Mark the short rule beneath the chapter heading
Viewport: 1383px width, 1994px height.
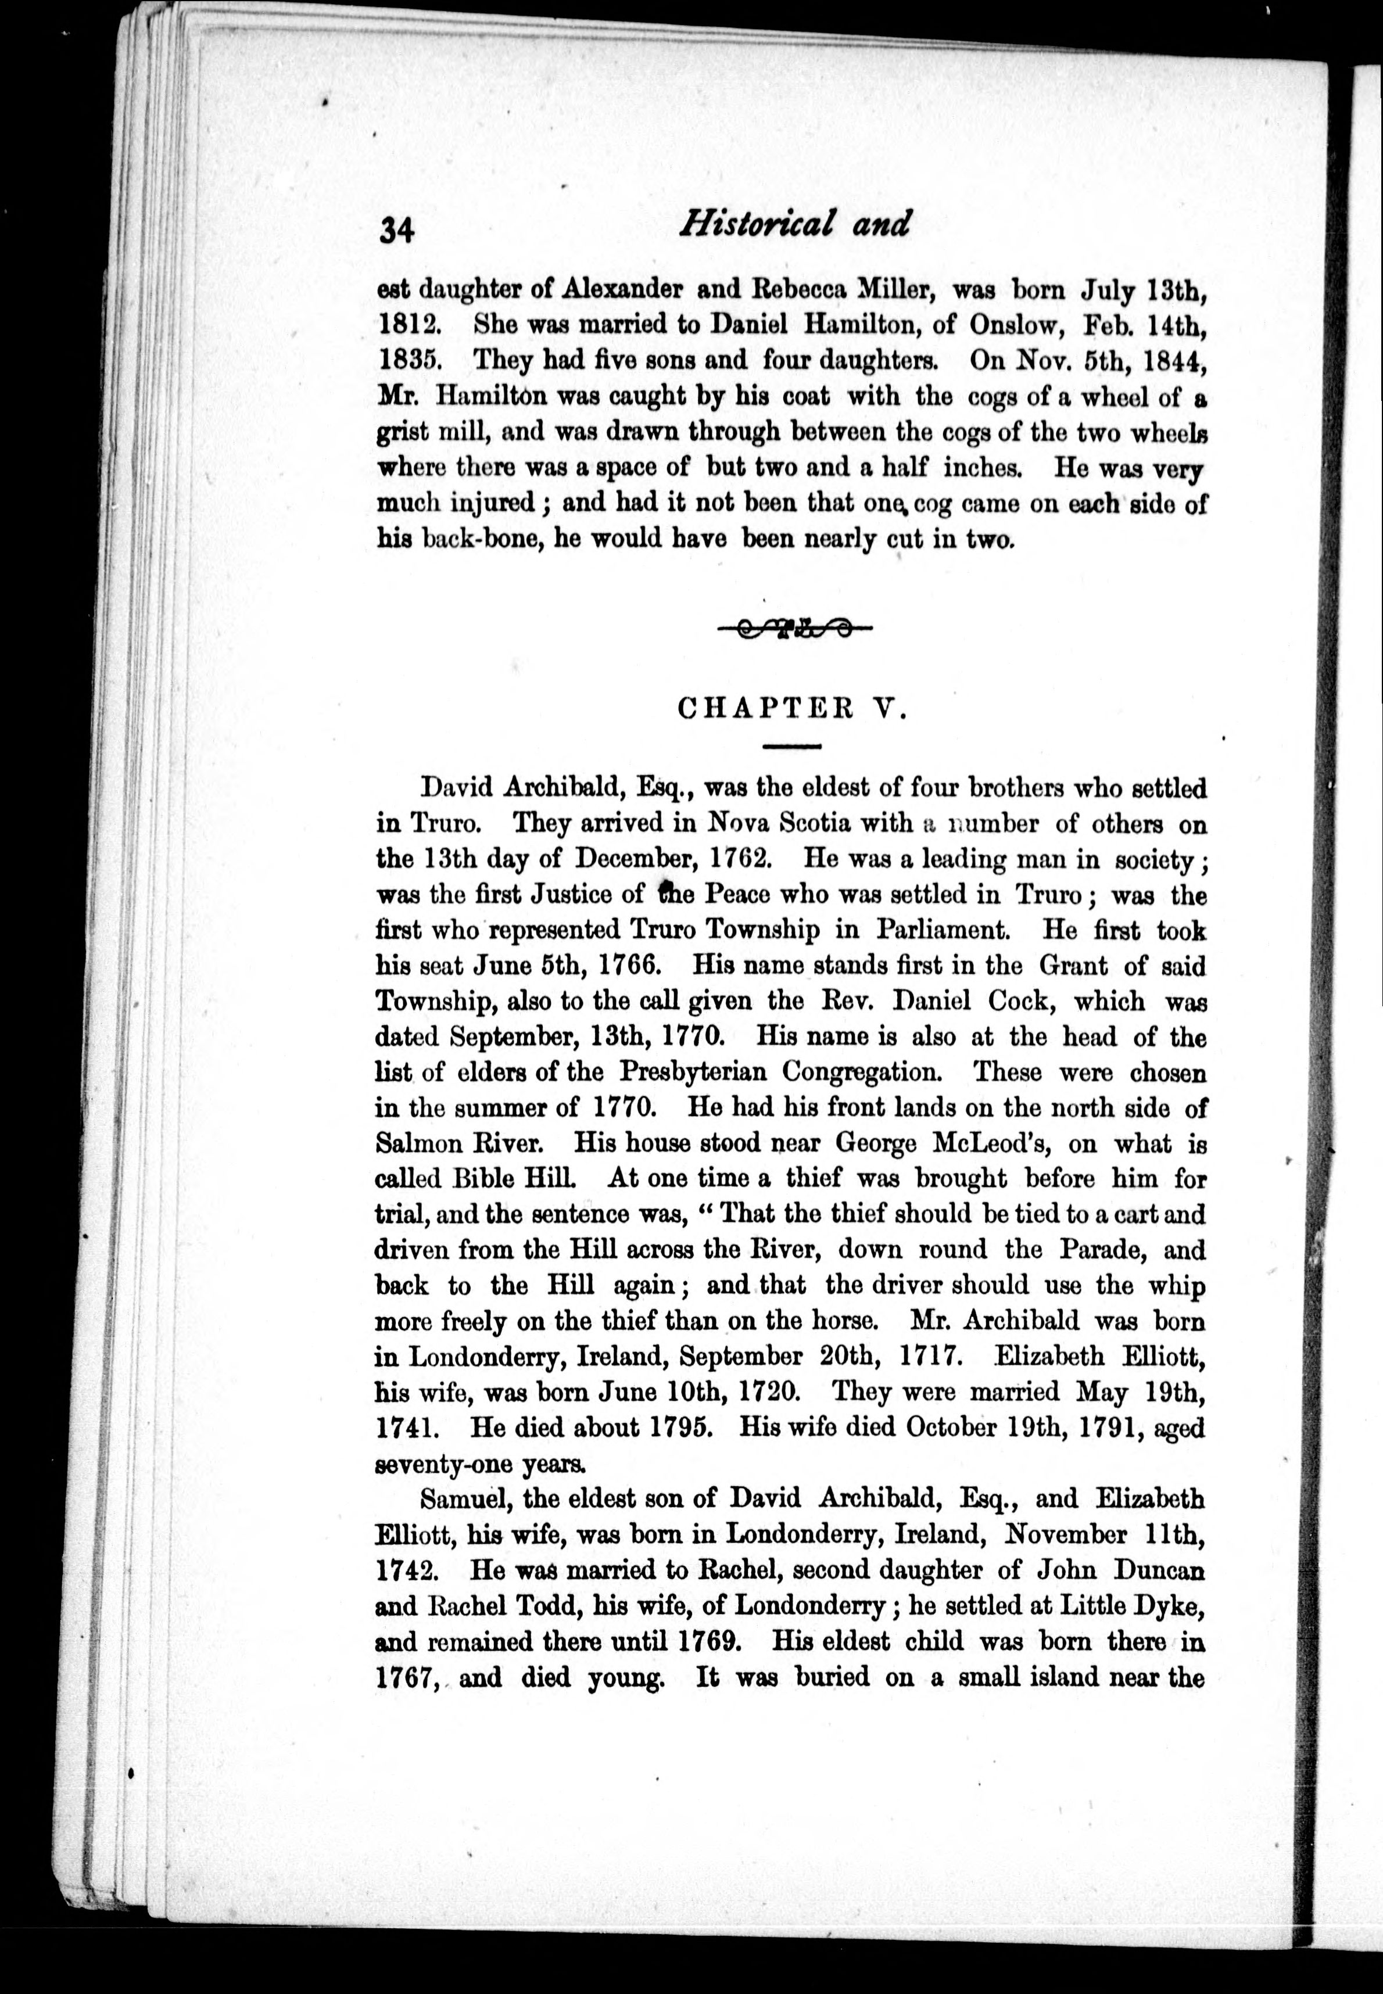(791, 746)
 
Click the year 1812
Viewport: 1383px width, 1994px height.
(411, 325)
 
